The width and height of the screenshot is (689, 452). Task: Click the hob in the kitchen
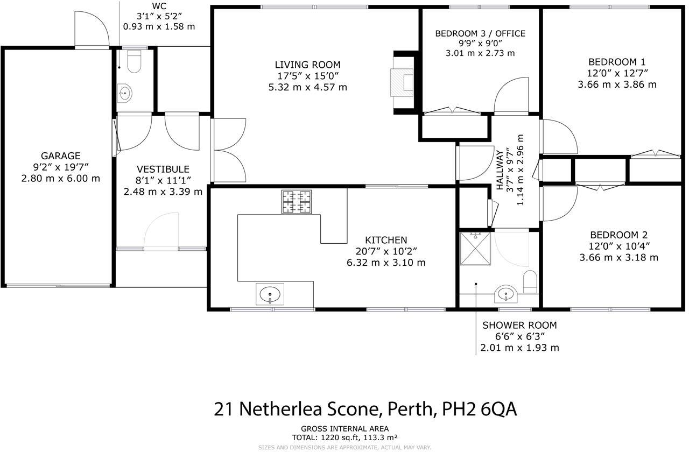(x=297, y=202)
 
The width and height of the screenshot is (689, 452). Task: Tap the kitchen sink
(x=270, y=295)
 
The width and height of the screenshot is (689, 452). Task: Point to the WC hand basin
(x=125, y=94)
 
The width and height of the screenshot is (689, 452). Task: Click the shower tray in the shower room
(x=476, y=249)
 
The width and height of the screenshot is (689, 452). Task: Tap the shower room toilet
(x=530, y=281)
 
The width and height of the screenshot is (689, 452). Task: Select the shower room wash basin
(x=505, y=294)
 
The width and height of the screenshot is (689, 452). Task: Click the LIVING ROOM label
(x=307, y=65)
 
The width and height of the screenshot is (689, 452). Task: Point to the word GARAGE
(x=60, y=156)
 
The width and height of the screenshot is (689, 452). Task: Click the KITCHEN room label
(x=386, y=240)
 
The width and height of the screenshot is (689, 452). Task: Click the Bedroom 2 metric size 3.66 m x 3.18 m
(x=618, y=257)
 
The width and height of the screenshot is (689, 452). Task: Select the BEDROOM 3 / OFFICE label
(x=480, y=33)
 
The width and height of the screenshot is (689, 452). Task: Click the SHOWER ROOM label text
(x=519, y=325)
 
